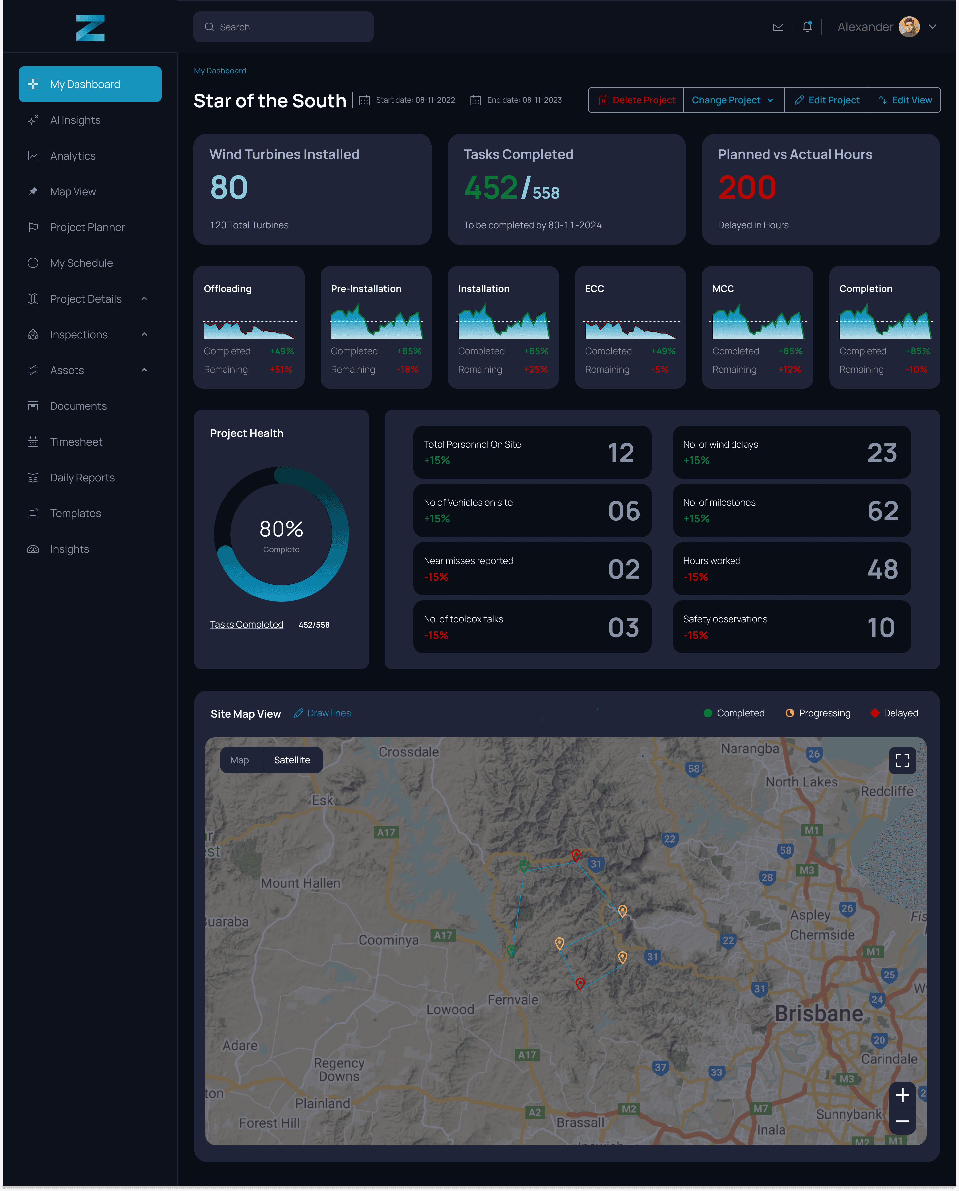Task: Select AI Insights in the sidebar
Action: click(x=75, y=120)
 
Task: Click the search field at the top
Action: click(x=283, y=27)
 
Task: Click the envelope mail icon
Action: click(x=778, y=27)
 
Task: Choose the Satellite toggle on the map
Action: click(x=292, y=760)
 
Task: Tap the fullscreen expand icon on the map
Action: click(x=902, y=761)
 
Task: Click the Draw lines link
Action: click(x=323, y=713)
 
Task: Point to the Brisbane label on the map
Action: click(x=819, y=1014)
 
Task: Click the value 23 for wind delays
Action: click(x=882, y=453)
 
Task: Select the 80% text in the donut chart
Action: click(x=281, y=529)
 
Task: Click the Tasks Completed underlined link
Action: click(x=246, y=624)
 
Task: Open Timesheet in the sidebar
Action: click(x=76, y=442)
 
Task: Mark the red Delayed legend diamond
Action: click(x=875, y=713)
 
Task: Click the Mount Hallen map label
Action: click(x=301, y=883)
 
